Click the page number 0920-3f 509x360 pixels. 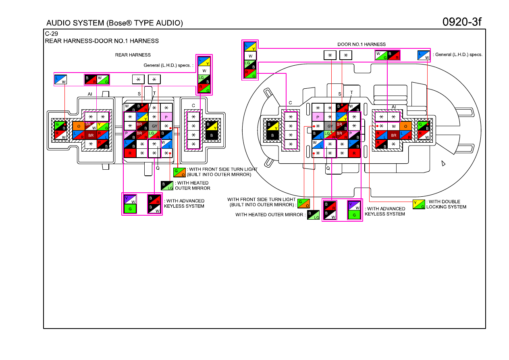click(x=461, y=22)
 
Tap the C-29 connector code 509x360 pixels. click(x=51, y=33)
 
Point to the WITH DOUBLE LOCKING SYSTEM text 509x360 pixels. click(x=446, y=204)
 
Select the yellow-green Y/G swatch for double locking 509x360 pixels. click(x=419, y=204)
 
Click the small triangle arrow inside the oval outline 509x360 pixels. click(x=443, y=163)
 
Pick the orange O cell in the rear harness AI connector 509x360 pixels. click(x=79, y=126)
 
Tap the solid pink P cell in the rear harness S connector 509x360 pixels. click(x=166, y=117)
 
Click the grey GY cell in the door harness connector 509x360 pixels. click(x=330, y=126)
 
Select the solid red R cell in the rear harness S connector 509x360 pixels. click(x=130, y=153)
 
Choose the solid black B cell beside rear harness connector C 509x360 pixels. click(x=211, y=135)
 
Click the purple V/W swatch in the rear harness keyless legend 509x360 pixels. click(x=130, y=199)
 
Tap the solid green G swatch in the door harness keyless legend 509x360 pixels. click(x=354, y=215)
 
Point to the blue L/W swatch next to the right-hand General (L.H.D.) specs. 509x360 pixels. click(x=424, y=55)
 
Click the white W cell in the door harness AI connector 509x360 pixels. click(x=394, y=126)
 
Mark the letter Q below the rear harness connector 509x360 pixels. click(x=158, y=168)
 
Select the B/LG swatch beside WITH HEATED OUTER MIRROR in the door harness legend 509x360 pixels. click(x=313, y=215)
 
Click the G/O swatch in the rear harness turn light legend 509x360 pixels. click(x=179, y=172)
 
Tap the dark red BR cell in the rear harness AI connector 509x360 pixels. click(x=91, y=135)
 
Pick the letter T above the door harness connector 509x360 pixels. click(x=351, y=92)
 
